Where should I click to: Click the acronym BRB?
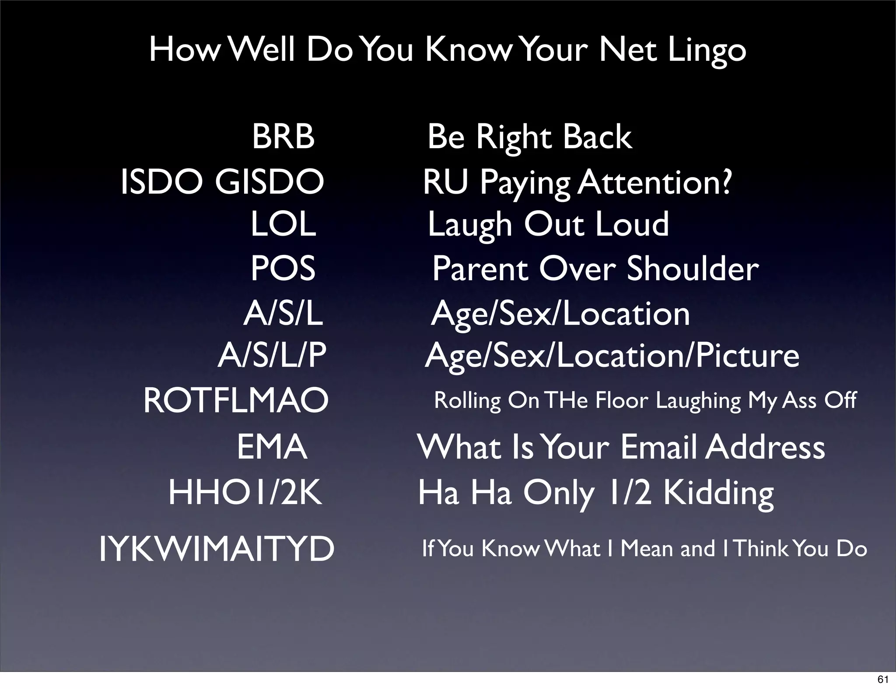point(283,136)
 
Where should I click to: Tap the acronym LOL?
point(283,224)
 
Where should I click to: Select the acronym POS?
point(283,268)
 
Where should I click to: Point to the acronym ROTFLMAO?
point(236,400)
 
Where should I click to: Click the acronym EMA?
point(272,447)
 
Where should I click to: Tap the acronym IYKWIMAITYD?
point(217,549)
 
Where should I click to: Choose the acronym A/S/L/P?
point(272,355)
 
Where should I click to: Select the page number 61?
point(883,679)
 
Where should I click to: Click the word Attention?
point(654,182)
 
